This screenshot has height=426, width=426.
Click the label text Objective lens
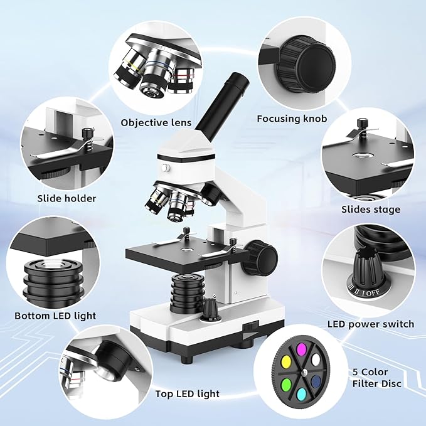tap(156, 122)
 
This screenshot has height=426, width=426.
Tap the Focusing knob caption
tap(292, 118)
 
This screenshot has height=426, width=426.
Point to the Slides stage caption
tap(370, 209)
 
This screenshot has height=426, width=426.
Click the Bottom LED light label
tap(55, 316)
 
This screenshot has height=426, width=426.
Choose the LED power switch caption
tap(371, 324)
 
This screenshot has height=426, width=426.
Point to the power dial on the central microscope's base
tap(209, 309)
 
